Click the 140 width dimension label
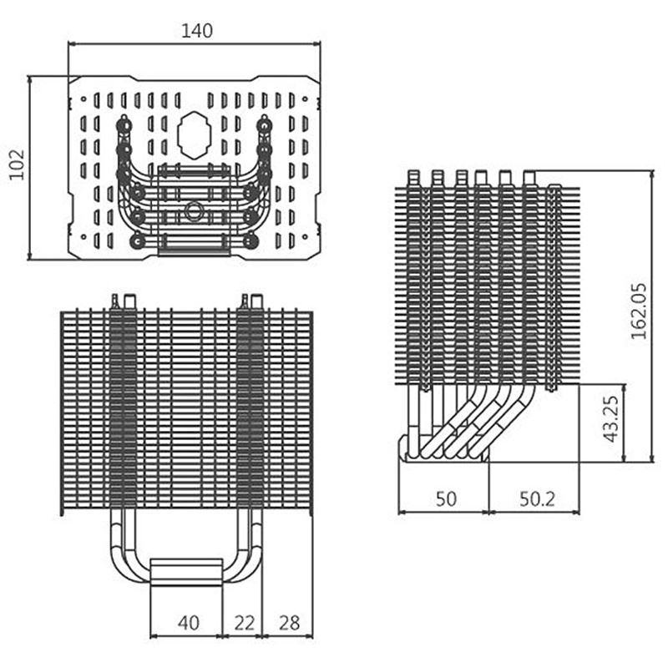197,31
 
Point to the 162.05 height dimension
639,310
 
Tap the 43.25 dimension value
610,420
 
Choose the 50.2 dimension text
538,498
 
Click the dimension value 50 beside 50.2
447,498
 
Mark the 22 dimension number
243,621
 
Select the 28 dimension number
289,621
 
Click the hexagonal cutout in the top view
194,134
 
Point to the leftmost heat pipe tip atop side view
412,177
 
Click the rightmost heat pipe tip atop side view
529,177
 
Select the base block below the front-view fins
187,573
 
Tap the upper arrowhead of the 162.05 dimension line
650,174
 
